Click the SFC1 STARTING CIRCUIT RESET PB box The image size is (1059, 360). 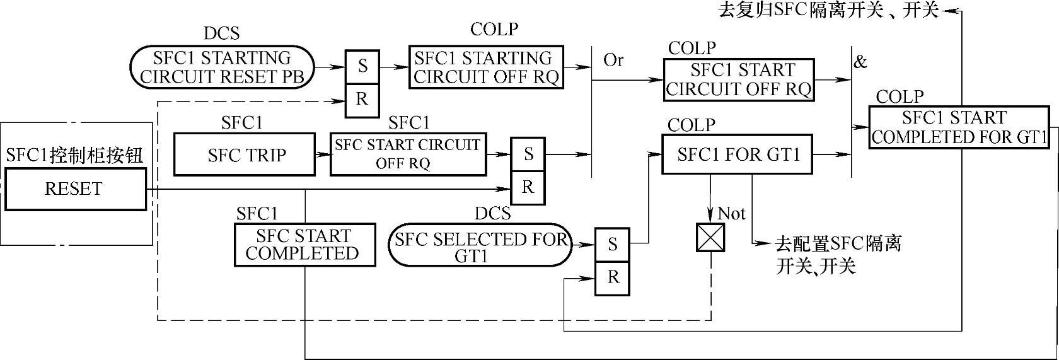pos(222,67)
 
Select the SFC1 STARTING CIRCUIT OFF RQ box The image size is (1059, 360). pos(486,67)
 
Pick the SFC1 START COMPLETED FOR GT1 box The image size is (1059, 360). pos(959,128)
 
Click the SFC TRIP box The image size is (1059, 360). pos(244,154)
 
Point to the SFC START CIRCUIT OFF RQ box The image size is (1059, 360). pos(408,154)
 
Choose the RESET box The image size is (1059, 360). pos(74,189)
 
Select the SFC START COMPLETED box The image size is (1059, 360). pos(304,245)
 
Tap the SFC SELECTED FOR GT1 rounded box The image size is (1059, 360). pos(480,247)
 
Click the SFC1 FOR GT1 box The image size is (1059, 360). pos(738,154)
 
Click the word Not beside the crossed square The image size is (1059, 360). pos(732,214)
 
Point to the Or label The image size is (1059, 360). pos(613,60)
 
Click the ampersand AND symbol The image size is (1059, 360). pos(860,62)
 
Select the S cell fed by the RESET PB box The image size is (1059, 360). pos(362,66)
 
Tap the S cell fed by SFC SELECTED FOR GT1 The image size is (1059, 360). pos(613,244)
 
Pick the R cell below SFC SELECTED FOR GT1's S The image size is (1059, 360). pos(613,277)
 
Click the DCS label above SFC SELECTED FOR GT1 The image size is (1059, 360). pos(493,214)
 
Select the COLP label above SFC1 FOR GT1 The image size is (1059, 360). pos(692,125)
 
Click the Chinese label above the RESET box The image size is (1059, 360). pos(74,156)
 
